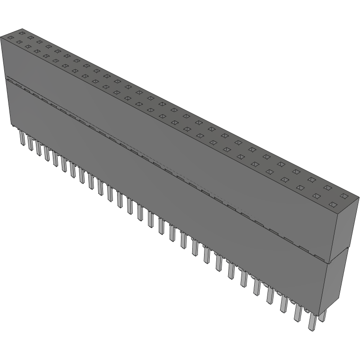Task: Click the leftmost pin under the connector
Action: (22, 138)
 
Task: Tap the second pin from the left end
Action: (30, 143)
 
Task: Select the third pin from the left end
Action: (38, 147)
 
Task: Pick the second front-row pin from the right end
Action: (298, 312)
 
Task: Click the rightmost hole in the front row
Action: (333, 205)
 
